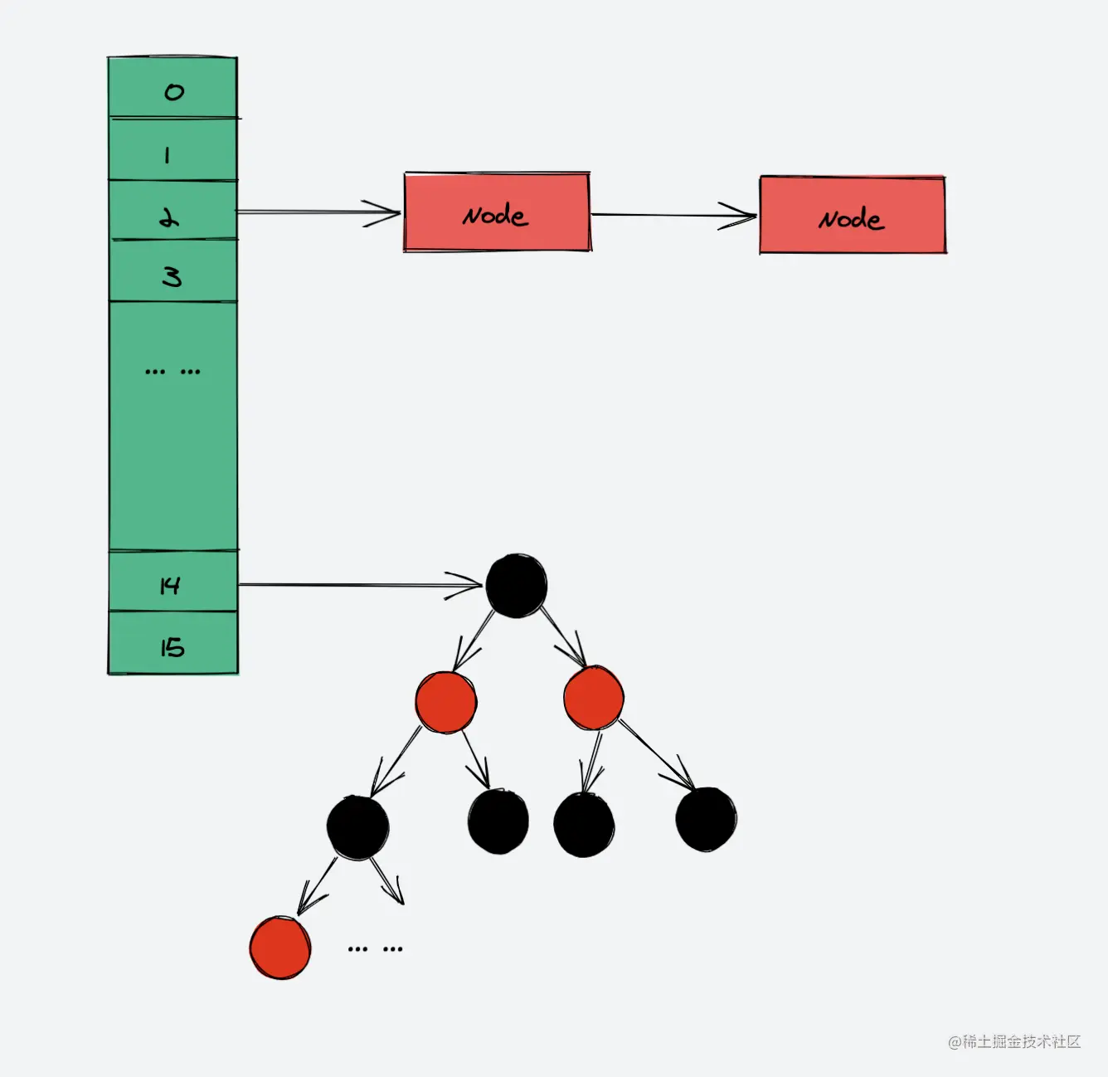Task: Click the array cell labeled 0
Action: [x=173, y=88]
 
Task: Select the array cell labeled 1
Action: [x=173, y=150]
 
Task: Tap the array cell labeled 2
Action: [x=173, y=211]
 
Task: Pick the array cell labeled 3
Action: [x=173, y=271]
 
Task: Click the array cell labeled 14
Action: [x=173, y=581]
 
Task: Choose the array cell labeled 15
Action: [x=173, y=643]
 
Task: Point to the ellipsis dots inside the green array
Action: [x=173, y=371]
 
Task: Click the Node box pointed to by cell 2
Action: [x=497, y=212]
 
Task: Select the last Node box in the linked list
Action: [x=853, y=216]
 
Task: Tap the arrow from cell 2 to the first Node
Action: [x=319, y=212]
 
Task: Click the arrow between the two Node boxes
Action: [x=673, y=216]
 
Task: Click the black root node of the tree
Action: [x=516, y=586]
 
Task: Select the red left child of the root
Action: [x=446, y=702]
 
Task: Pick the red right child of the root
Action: [x=594, y=699]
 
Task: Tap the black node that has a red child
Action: [x=357, y=827]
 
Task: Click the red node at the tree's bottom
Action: [x=280, y=948]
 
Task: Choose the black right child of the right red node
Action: [x=706, y=820]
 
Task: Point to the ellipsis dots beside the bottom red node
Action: [x=375, y=948]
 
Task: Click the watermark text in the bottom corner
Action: [x=1014, y=1041]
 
